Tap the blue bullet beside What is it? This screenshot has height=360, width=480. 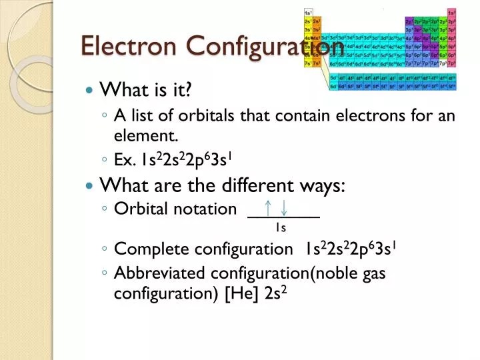[x=91, y=89]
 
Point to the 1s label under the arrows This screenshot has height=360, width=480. [x=281, y=228]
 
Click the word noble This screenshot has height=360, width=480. [x=341, y=273]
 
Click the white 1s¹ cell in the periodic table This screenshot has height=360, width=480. [x=308, y=13]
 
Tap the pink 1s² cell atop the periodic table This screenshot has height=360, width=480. [x=452, y=13]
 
